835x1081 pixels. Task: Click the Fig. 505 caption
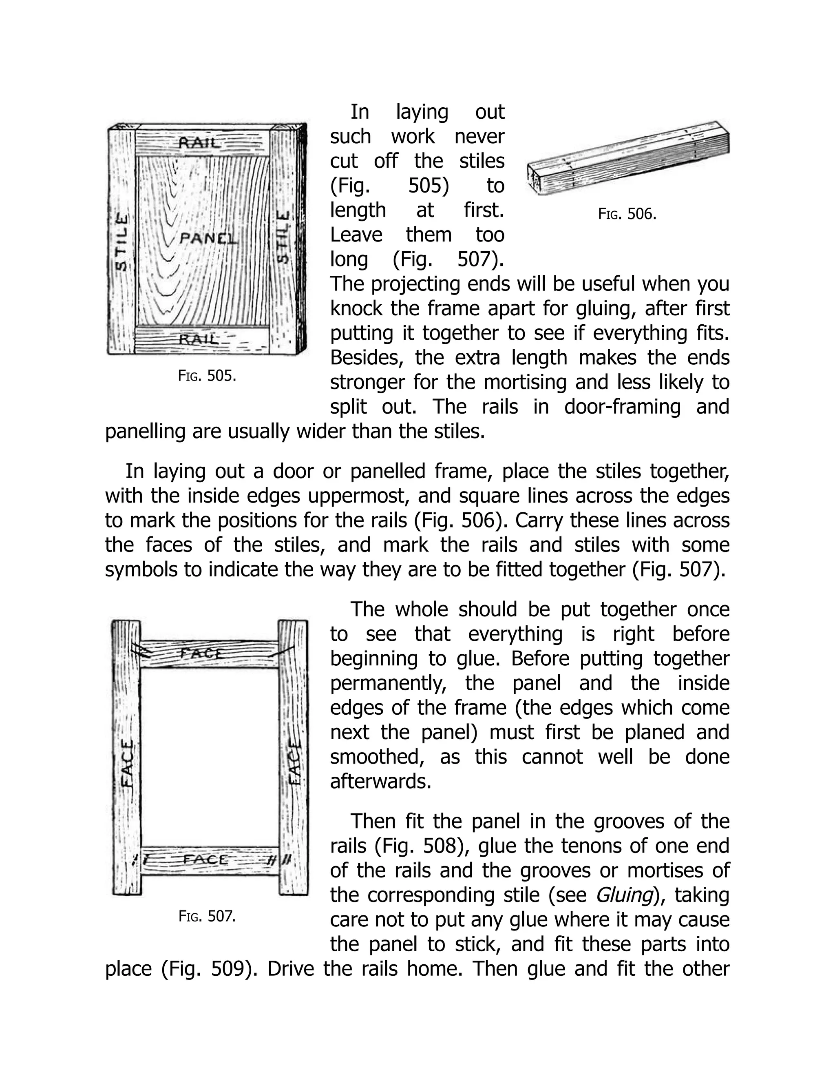pos(207,376)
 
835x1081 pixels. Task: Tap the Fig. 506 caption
pos(627,214)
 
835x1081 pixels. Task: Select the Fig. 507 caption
pos(207,917)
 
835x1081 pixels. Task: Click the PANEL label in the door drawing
pos(208,239)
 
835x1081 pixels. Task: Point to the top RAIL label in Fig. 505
pos(198,143)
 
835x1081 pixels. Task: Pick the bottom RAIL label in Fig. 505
pos(198,339)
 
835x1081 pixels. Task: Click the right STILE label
pos(283,237)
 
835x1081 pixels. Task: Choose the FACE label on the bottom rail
pos(206,860)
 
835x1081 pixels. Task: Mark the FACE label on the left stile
pos(127,764)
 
